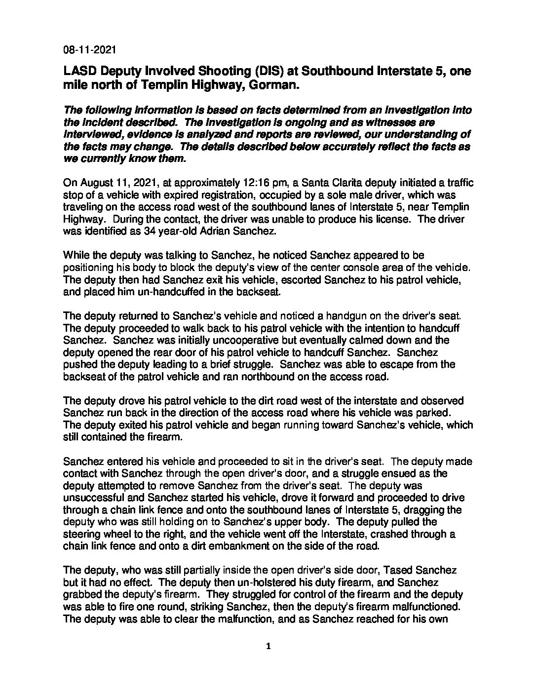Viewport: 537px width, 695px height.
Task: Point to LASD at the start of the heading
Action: click(79, 71)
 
